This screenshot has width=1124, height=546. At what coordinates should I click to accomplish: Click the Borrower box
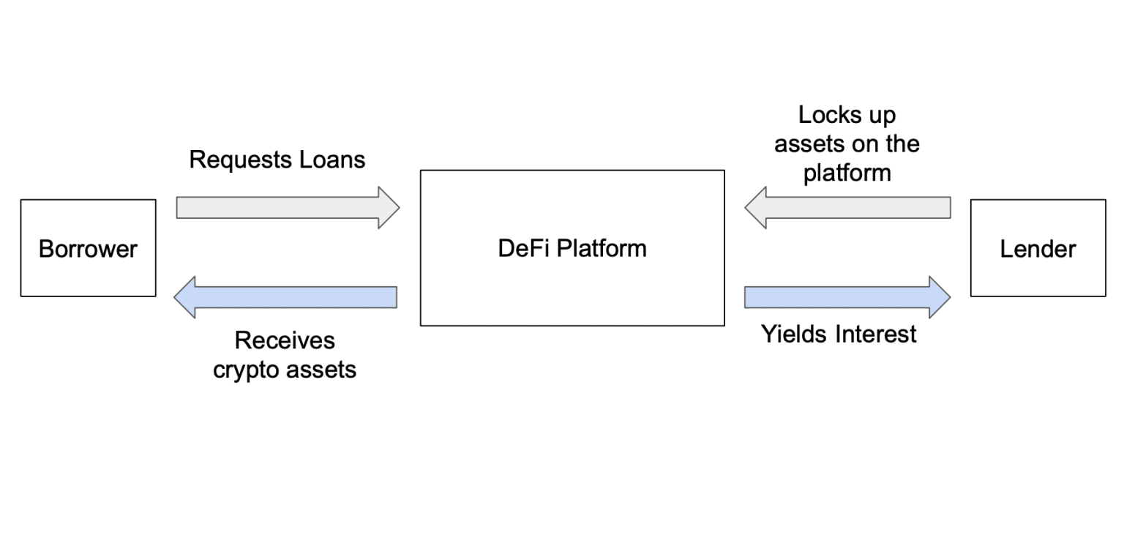click(88, 248)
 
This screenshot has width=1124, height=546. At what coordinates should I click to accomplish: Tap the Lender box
click(1038, 248)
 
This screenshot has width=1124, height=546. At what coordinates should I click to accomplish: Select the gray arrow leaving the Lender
click(849, 208)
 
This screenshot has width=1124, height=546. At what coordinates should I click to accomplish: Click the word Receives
click(285, 340)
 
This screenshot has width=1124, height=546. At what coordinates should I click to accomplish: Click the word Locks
click(825, 116)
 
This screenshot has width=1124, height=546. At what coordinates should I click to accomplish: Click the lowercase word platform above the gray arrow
click(847, 173)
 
